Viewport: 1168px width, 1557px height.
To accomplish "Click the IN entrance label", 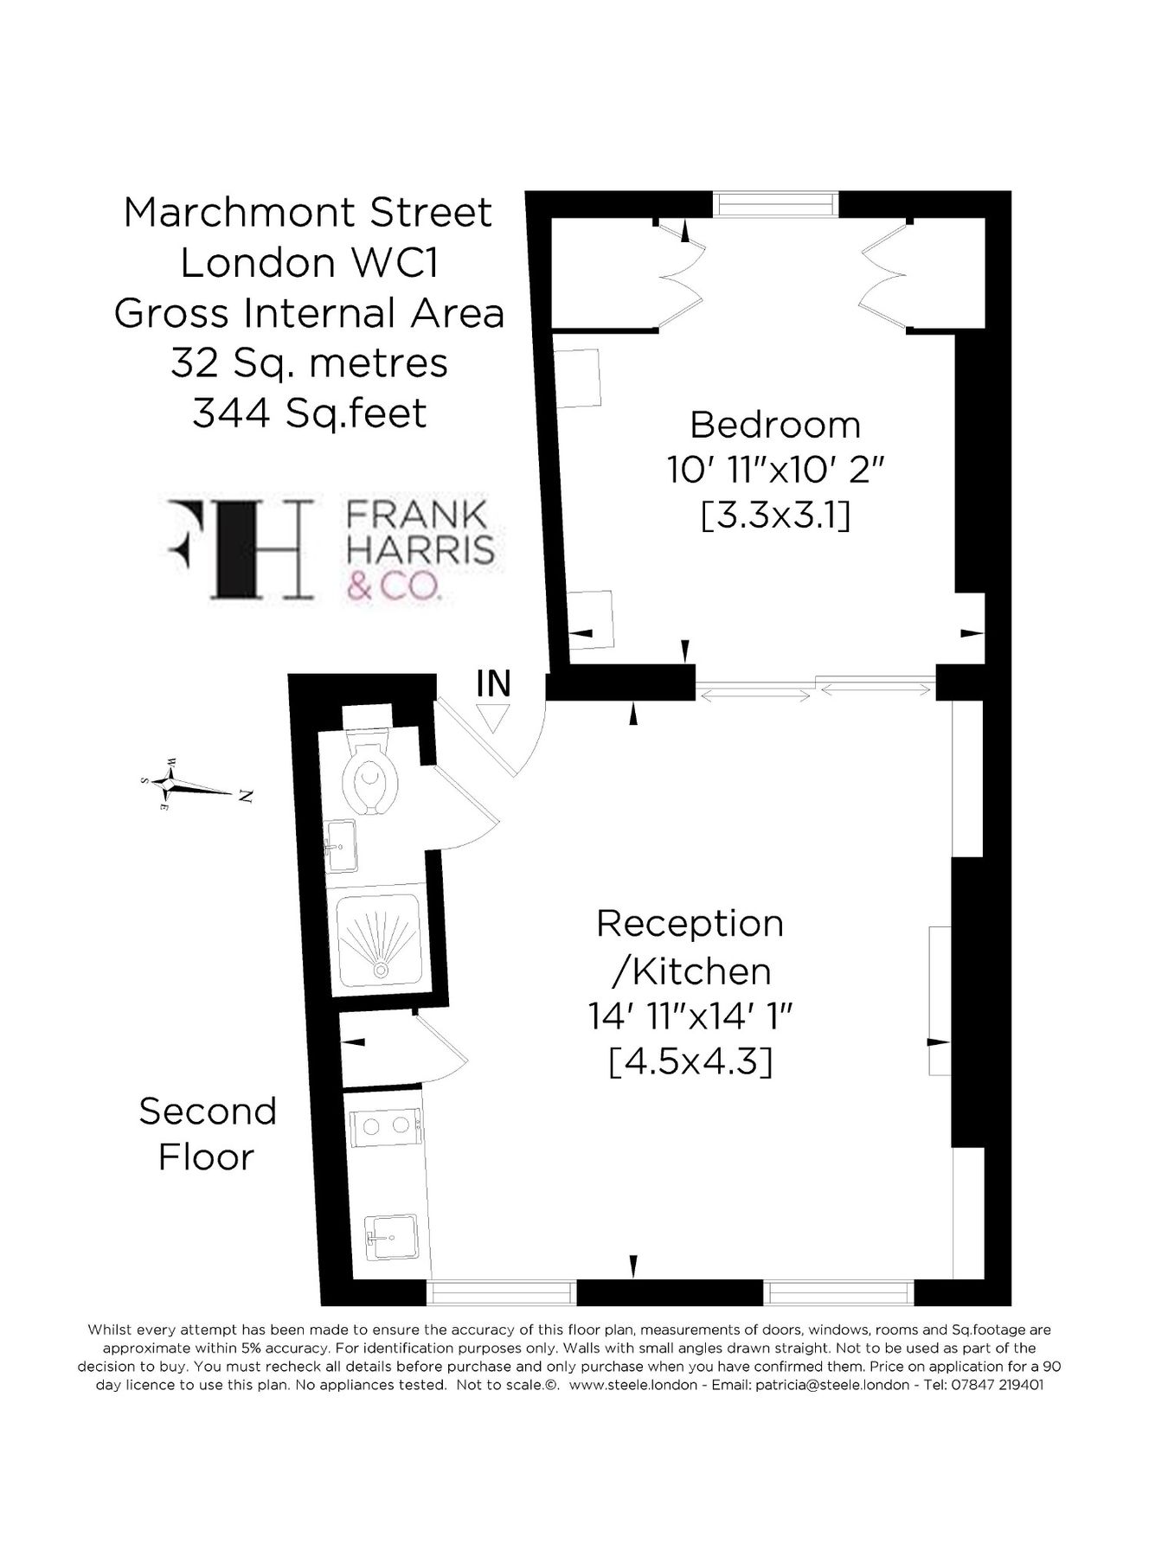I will click(x=494, y=683).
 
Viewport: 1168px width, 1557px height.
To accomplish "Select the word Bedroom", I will click(x=775, y=426).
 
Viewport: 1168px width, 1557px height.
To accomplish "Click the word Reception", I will click(x=690, y=924).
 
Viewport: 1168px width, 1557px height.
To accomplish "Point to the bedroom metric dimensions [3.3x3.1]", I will click(x=775, y=516).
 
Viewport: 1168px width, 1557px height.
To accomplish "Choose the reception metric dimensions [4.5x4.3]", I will click(x=690, y=1061).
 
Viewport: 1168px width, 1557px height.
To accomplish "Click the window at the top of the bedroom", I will click(x=776, y=204).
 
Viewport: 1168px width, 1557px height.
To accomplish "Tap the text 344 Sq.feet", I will click(x=309, y=413).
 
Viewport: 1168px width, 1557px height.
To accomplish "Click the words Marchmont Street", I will click(x=308, y=213).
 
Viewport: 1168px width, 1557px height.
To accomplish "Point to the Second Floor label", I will click(x=207, y=1134).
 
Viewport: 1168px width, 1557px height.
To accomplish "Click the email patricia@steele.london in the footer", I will click(x=831, y=1384).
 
